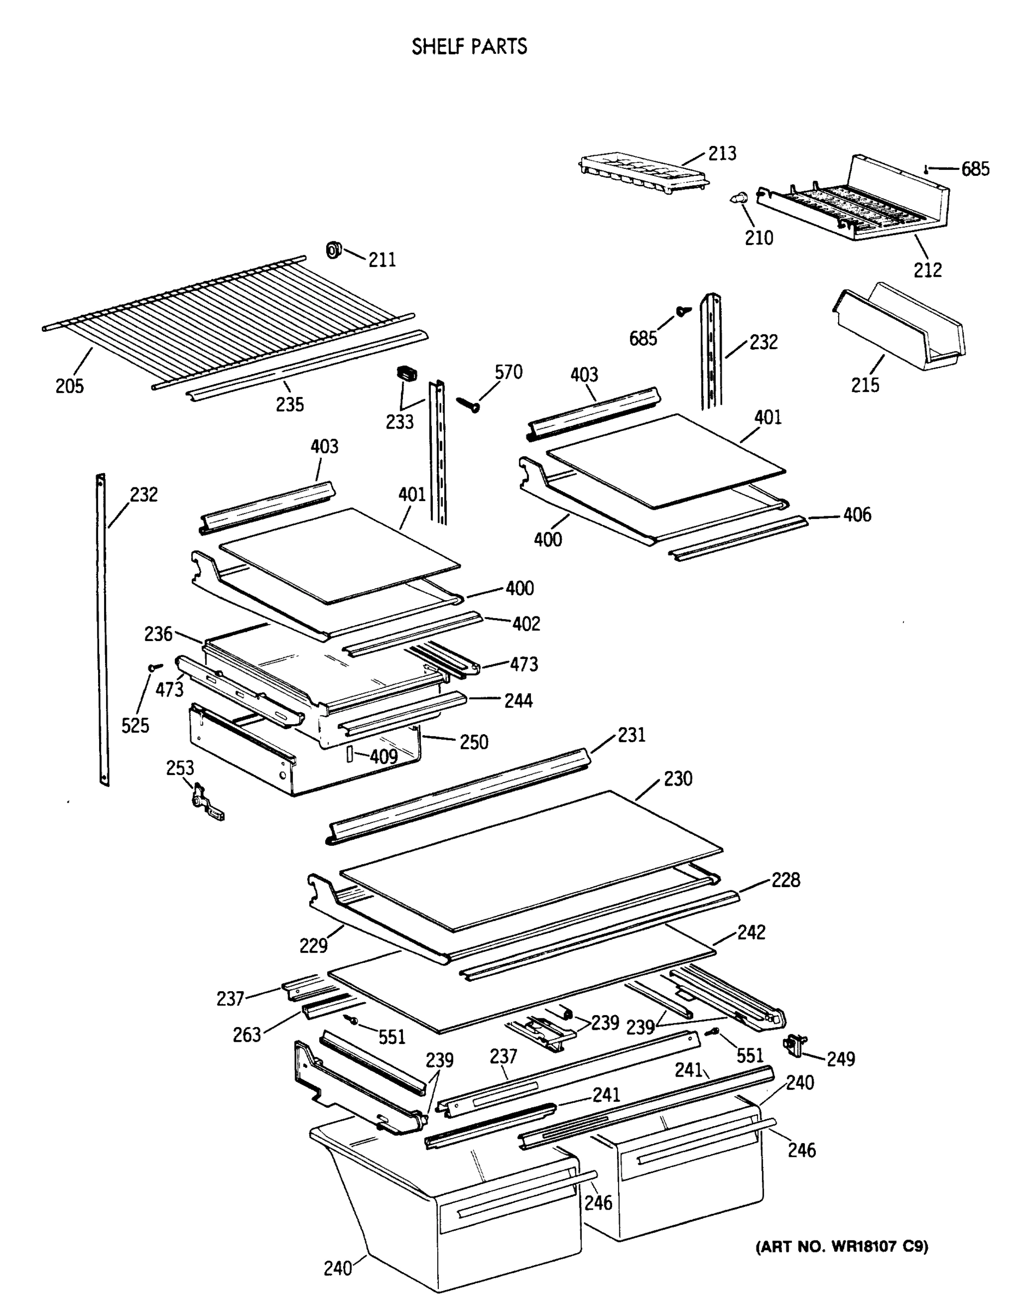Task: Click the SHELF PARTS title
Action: tap(469, 46)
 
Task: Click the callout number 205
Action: tap(70, 386)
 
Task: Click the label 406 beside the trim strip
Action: tap(857, 515)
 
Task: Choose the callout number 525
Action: tap(135, 725)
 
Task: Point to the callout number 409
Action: tap(383, 756)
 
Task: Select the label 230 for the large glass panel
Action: tap(677, 779)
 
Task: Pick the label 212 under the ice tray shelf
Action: tap(927, 270)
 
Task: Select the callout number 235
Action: tap(290, 405)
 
